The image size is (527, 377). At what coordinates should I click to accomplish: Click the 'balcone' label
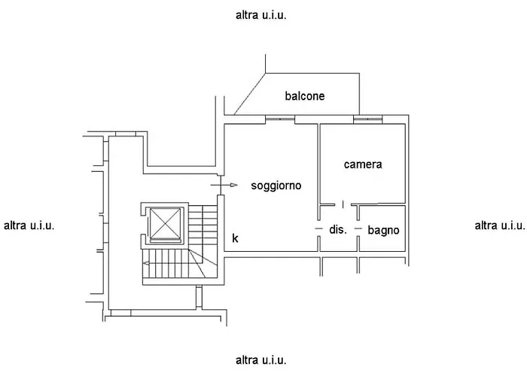tap(305, 96)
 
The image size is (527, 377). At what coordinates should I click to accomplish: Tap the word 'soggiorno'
tap(276, 185)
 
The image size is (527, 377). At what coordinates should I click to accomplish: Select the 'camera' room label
tap(363, 164)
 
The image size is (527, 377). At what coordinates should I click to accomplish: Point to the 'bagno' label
tap(383, 230)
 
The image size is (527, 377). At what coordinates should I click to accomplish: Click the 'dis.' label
tap(338, 229)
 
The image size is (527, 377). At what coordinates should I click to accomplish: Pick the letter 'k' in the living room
tap(235, 238)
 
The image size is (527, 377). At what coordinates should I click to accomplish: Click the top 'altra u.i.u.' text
tap(260, 15)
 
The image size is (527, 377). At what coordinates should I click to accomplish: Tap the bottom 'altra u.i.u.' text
tap(260, 360)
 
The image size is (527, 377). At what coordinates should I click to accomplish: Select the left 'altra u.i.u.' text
tap(29, 225)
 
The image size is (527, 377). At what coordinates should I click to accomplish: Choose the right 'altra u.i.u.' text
tap(500, 225)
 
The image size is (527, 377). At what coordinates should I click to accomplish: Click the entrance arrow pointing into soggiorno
tap(224, 185)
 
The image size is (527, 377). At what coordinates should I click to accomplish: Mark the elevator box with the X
tap(165, 223)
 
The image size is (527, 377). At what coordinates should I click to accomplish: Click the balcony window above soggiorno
tap(280, 119)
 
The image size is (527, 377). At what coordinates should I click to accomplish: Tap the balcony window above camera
tap(367, 119)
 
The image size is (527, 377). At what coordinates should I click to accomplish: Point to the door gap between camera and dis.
tap(343, 204)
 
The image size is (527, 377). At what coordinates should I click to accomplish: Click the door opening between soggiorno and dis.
tap(319, 228)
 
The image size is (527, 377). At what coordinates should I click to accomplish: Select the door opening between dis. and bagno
tap(358, 228)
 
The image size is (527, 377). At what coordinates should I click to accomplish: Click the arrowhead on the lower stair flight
tap(146, 264)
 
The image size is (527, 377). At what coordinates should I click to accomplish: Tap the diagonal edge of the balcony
tap(250, 94)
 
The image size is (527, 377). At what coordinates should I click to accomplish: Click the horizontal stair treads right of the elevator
tap(203, 224)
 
